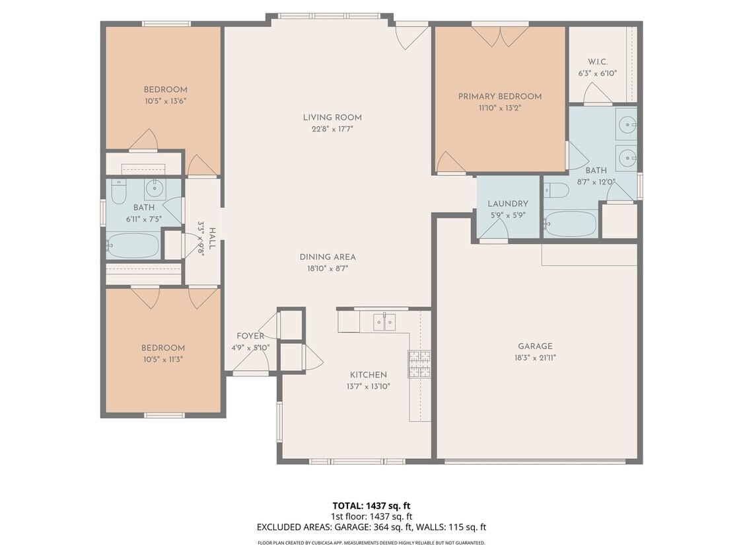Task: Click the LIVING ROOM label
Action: pos(332,118)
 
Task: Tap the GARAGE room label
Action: pos(535,346)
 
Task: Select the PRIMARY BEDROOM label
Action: pos(500,97)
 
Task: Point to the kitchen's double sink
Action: pos(384,322)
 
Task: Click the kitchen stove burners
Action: pos(420,364)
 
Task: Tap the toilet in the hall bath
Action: pos(118,192)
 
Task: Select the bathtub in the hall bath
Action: pos(132,245)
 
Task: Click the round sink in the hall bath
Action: pos(154,189)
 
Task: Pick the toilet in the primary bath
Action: pos(556,190)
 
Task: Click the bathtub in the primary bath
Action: pos(571,223)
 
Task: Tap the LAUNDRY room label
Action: pos(508,204)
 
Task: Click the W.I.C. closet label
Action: pos(598,62)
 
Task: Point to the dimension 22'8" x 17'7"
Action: pos(332,129)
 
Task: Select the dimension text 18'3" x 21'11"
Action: pos(535,358)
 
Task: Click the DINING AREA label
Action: pos(328,257)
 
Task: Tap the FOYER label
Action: pos(250,337)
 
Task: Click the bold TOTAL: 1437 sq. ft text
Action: pos(371,506)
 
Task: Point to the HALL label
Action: pos(213,239)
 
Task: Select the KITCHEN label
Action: pos(368,375)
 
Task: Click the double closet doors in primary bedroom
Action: pos(500,36)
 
